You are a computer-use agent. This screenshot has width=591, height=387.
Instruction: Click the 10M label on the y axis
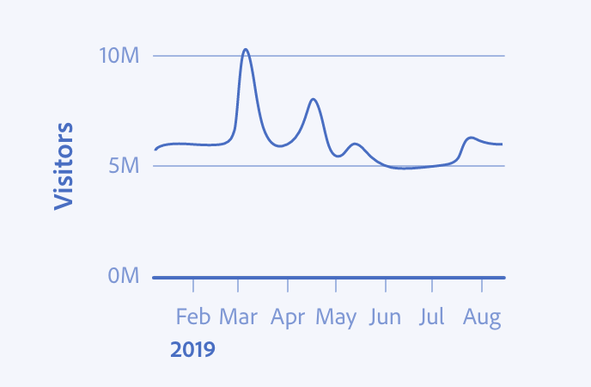(119, 56)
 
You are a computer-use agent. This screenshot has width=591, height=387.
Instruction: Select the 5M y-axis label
(124, 166)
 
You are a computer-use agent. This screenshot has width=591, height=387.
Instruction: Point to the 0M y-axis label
(124, 275)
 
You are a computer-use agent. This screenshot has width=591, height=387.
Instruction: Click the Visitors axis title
(64, 166)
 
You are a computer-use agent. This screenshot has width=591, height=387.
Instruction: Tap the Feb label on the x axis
(193, 316)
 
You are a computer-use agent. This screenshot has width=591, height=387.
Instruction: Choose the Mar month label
(238, 316)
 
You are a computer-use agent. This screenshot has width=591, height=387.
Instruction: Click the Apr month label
(288, 317)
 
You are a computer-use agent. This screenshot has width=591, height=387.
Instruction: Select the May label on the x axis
(336, 317)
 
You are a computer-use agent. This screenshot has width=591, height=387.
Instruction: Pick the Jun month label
(385, 316)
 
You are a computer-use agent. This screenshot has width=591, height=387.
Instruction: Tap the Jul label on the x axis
(432, 316)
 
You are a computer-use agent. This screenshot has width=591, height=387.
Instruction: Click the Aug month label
(482, 317)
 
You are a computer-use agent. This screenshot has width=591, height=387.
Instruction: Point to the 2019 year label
(192, 349)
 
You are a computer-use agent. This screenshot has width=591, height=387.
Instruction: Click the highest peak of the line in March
(246, 49)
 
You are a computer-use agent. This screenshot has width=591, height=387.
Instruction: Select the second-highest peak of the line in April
(314, 99)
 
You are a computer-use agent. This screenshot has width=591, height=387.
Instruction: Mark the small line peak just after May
(356, 144)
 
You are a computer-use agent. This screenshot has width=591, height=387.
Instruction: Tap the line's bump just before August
(471, 138)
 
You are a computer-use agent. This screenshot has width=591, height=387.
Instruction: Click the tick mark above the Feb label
(193, 286)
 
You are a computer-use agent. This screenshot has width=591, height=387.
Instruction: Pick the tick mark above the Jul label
(432, 286)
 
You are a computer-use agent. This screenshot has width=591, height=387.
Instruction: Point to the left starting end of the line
(155, 150)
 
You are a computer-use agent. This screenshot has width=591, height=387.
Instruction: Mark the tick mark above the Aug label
(482, 286)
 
